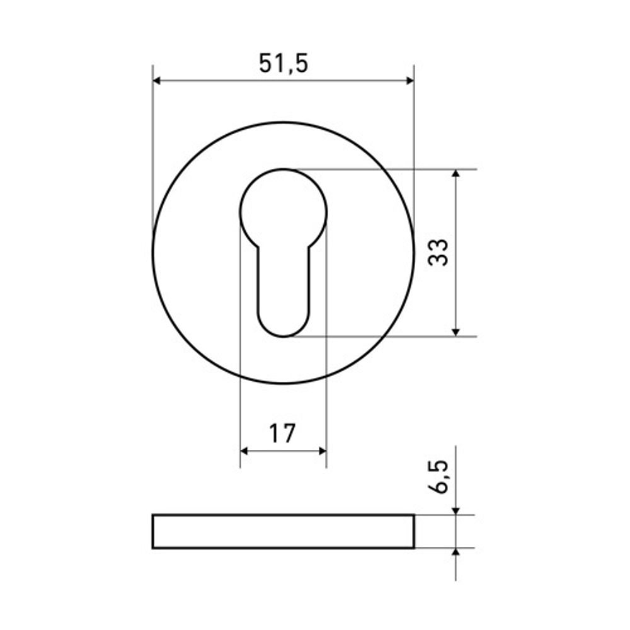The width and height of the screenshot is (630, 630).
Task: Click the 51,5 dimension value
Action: (283, 64)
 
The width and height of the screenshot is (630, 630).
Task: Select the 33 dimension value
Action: (438, 253)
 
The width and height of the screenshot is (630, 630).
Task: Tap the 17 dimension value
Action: (282, 433)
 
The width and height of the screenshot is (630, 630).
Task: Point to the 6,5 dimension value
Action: (438, 476)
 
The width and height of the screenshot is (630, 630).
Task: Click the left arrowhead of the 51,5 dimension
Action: (157, 81)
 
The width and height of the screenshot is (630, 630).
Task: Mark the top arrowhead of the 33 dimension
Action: (455, 174)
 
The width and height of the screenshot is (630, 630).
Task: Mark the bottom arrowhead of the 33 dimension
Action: (455, 332)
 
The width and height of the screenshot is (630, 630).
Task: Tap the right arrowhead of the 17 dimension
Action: (322, 451)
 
